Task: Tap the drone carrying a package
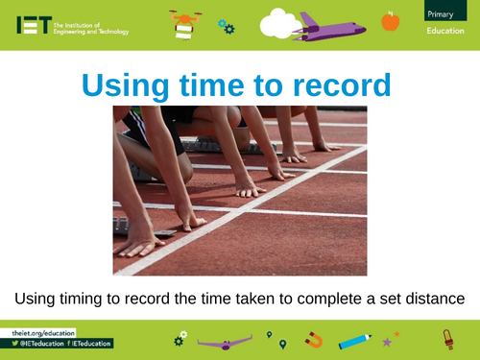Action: tap(185, 23)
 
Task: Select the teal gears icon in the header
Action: tap(226, 25)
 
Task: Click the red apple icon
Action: tap(390, 20)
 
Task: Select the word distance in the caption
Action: tap(433, 299)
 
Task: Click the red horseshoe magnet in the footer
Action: tap(314, 339)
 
